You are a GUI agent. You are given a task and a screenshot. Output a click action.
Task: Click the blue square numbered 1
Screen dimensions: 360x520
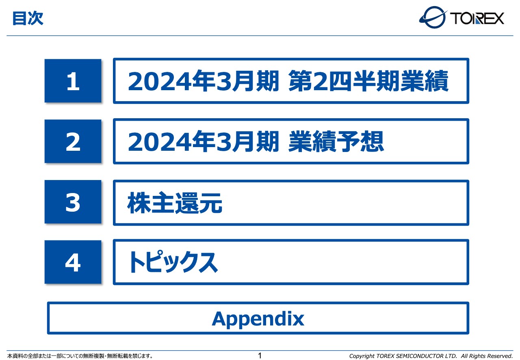tap(73, 81)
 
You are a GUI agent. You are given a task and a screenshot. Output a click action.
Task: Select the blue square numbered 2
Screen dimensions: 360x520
tap(73, 141)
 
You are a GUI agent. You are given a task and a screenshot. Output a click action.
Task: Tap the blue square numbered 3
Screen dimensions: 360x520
tap(73, 202)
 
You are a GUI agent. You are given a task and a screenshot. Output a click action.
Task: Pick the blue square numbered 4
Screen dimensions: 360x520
tap(73, 262)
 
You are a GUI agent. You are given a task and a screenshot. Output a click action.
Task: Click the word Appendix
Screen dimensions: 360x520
tap(258, 319)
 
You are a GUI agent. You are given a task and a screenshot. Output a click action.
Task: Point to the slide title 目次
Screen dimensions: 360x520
tap(28, 19)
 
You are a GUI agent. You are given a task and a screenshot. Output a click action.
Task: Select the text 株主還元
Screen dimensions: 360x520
tap(175, 203)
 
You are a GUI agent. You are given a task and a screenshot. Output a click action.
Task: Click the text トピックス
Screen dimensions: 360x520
tap(172, 263)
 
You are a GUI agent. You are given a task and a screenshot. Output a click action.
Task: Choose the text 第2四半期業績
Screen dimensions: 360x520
tap(368, 82)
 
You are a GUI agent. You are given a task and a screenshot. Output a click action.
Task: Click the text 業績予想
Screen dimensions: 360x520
tap(336, 142)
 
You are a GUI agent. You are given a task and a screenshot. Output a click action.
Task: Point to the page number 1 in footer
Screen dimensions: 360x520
tap(260, 356)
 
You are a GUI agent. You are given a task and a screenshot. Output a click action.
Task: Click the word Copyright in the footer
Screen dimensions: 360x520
tap(362, 356)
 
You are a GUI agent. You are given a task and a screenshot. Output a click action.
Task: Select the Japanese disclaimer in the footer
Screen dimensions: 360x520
tap(80, 356)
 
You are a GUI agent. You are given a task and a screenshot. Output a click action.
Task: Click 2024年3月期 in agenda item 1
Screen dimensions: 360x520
tap(204, 82)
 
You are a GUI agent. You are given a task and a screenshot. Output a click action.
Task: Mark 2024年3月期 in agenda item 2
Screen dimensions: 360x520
tap(204, 142)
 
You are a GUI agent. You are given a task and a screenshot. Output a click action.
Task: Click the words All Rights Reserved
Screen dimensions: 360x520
tap(487, 356)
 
